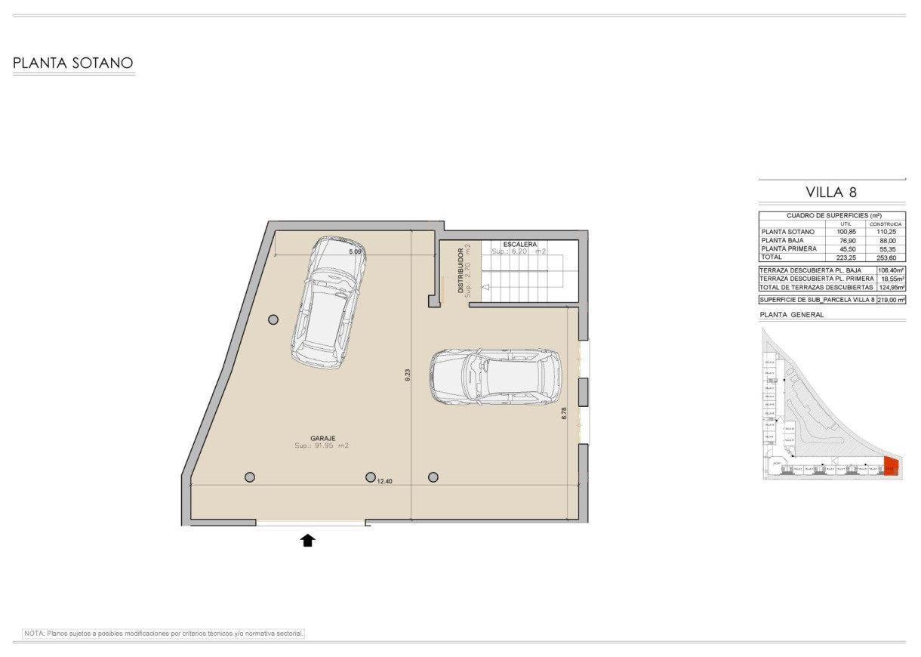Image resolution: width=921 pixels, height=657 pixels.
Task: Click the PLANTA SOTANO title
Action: pyautogui.click(x=73, y=63)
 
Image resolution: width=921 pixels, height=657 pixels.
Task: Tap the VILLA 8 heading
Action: pyautogui.click(x=831, y=193)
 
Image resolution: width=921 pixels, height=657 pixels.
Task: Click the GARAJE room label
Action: pyautogui.click(x=322, y=437)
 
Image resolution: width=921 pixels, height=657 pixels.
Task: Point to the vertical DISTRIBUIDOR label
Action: pyautogui.click(x=461, y=270)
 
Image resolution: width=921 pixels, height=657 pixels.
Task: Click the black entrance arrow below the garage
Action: pyautogui.click(x=308, y=539)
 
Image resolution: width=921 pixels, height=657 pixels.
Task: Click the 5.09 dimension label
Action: pyautogui.click(x=356, y=251)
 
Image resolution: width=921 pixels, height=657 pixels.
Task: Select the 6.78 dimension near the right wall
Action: pyautogui.click(x=565, y=413)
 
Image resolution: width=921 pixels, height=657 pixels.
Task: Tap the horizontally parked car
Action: pyautogui.click(x=495, y=376)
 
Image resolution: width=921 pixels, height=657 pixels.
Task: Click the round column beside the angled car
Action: pyautogui.click(x=273, y=319)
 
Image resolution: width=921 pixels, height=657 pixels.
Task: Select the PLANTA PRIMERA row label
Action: pyautogui.click(x=789, y=248)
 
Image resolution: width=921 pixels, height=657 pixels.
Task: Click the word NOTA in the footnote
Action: pyautogui.click(x=35, y=634)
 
